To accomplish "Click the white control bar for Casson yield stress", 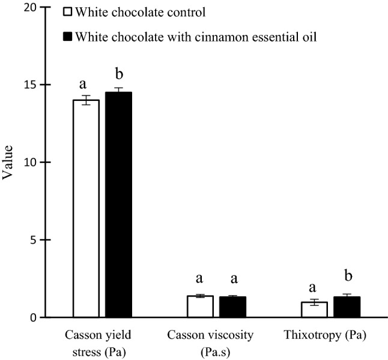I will click(x=86, y=208).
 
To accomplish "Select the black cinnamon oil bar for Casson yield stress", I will click(x=118, y=204).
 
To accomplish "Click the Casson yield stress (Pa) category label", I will click(x=102, y=340).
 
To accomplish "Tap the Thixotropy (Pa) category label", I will click(x=330, y=334).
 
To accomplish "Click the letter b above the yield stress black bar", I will click(x=118, y=75).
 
